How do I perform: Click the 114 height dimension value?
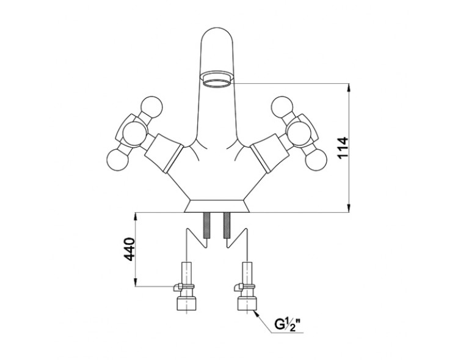pyautogui.click(x=343, y=147)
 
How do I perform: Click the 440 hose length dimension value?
pyautogui.click(x=129, y=249)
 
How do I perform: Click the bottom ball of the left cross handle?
pyautogui.click(x=118, y=160)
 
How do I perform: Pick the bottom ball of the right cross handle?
pyautogui.click(x=316, y=160)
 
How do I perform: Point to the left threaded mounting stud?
pyautogui.click(x=207, y=225)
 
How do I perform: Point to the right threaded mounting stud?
pyautogui.click(x=227, y=225)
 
